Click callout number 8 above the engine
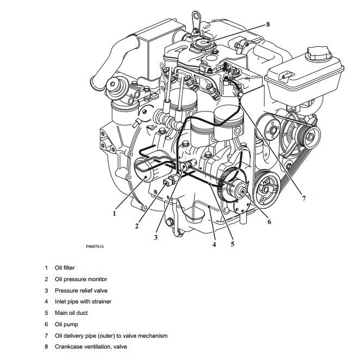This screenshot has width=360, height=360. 268,24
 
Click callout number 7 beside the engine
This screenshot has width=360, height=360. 303,198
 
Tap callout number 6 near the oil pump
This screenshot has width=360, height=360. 269,221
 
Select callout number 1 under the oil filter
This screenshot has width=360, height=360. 114,214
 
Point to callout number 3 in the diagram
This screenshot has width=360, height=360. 156,238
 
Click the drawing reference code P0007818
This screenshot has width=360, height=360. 95,246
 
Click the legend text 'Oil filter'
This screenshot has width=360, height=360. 65,268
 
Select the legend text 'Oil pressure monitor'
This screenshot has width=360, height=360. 80,279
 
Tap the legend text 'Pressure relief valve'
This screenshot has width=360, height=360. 81,290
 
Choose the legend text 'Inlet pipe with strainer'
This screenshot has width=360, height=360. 83,302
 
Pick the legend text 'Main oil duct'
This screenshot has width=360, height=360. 71,313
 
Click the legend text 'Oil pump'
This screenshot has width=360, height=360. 66,325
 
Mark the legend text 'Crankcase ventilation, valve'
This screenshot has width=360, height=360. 91,347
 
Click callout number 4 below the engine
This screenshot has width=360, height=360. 214,245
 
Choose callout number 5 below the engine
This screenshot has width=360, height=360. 232,244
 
